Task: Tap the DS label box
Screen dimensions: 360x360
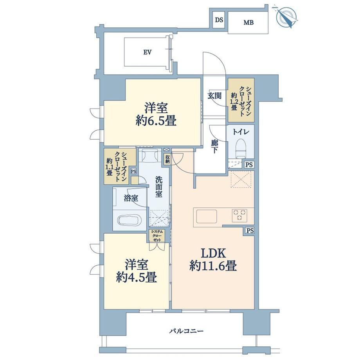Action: click(x=219, y=20)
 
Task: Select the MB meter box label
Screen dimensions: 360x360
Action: click(x=248, y=23)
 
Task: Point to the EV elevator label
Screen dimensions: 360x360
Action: click(x=148, y=52)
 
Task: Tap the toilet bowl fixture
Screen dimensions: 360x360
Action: click(x=240, y=148)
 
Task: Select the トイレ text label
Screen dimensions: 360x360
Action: click(x=241, y=132)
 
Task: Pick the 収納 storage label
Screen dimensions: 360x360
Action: click(x=167, y=158)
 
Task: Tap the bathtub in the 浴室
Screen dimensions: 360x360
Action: click(x=129, y=220)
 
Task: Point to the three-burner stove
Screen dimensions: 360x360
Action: click(x=240, y=215)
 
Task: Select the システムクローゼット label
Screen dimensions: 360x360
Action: click(x=157, y=236)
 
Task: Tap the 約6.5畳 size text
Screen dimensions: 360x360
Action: click(x=156, y=121)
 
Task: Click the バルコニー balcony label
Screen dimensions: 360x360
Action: click(x=187, y=331)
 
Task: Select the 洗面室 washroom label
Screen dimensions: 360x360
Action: click(x=158, y=187)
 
